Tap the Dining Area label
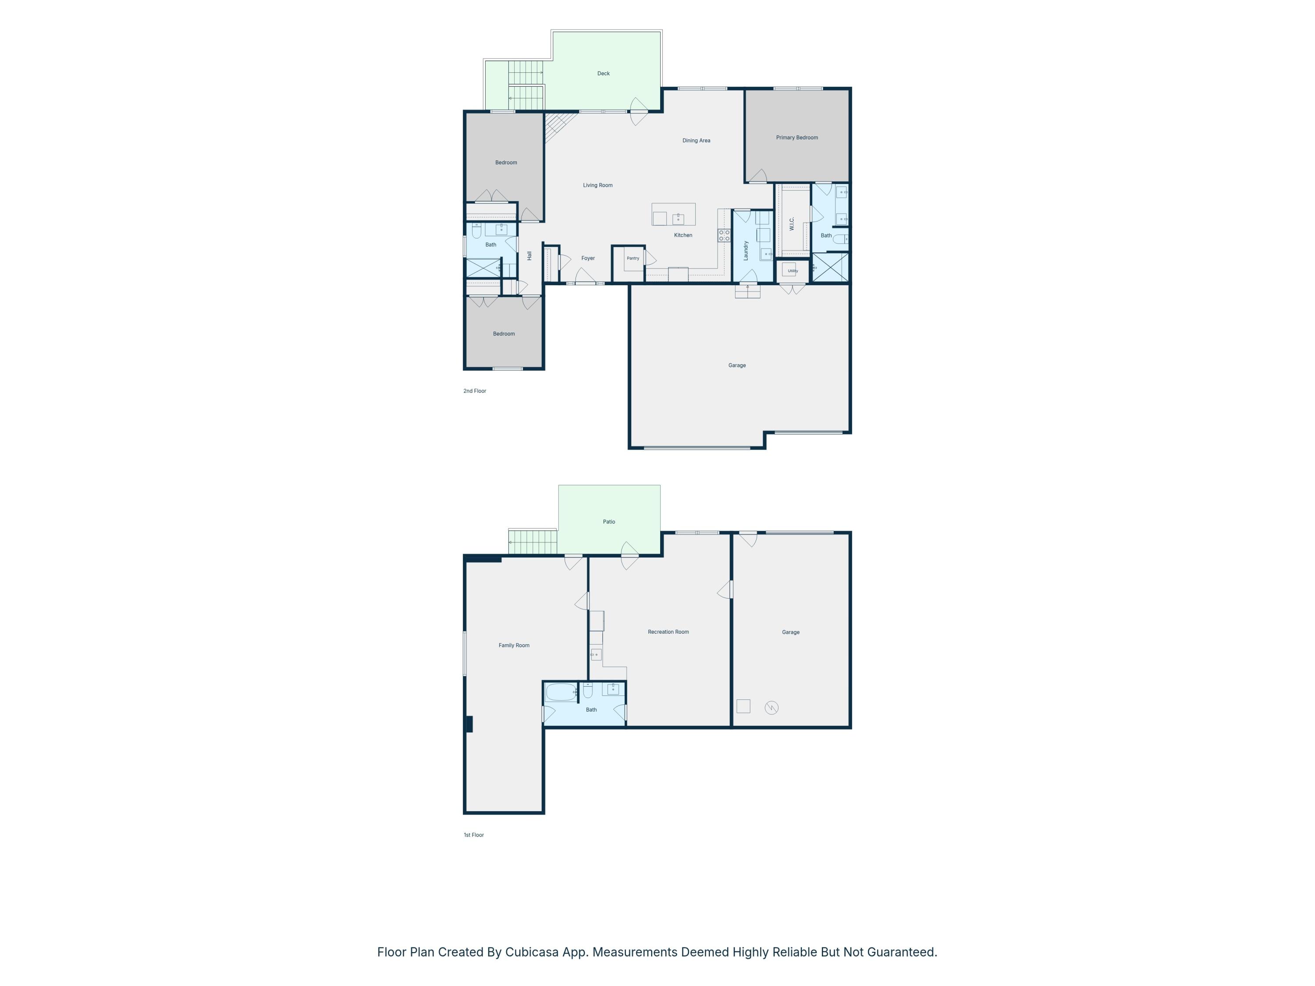[696, 141]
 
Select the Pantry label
[633, 258]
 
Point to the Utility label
[793, 271]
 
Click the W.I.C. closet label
[792, 223]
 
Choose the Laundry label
[746, 250]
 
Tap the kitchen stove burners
[724, 235]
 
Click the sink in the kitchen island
[678, 219]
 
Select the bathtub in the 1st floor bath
[561, 692]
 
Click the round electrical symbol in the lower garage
[771, 708]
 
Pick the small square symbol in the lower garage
[743, 706]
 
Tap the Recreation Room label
[668, 632]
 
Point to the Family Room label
[514, 646]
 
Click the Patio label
[609, 522]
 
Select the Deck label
[604, 74]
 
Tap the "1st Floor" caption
[474, 835]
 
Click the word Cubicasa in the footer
[532, 952]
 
